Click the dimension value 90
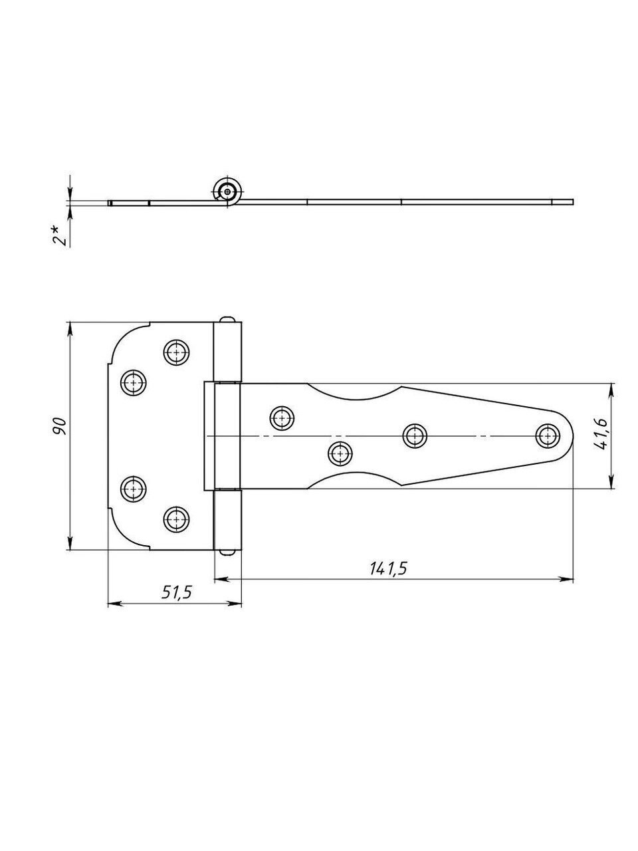click(62, 425)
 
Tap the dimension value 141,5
click(388, 568)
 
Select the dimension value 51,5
click(176, 593)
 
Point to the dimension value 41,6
click(600, 436)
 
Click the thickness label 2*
click(60, 235)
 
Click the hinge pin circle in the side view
click(227, 191)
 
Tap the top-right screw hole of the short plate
click(176, 352)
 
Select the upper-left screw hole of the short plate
click(134, 383)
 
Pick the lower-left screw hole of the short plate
click(134, 489)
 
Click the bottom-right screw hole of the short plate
click(176, 519)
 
